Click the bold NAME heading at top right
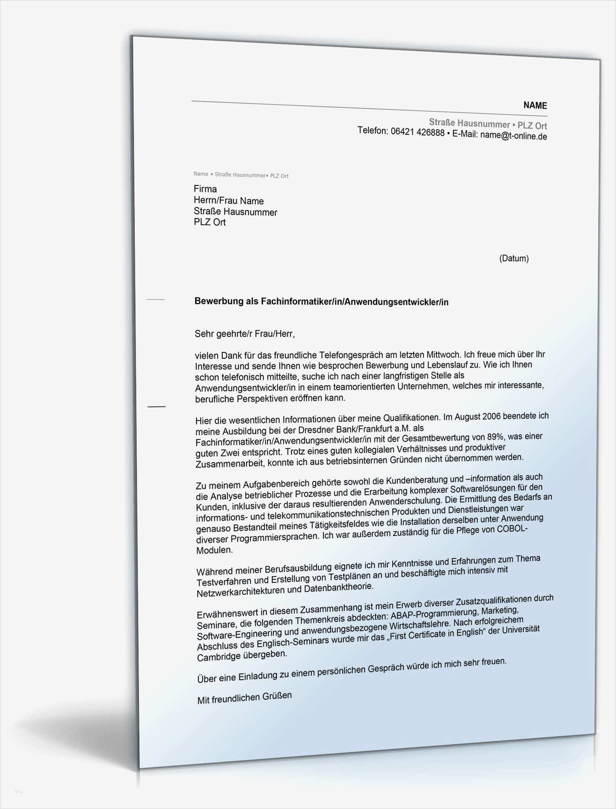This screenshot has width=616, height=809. click(535, 106)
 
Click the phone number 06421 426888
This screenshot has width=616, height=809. click(417, 133)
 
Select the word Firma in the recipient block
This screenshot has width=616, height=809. click(205, 189)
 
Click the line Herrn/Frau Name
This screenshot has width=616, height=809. click(229, 201)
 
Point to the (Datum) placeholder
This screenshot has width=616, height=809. click(514, 258)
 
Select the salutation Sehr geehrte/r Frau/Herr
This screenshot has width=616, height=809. click(244, 334)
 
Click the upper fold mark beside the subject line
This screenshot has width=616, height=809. click(156, 299)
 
